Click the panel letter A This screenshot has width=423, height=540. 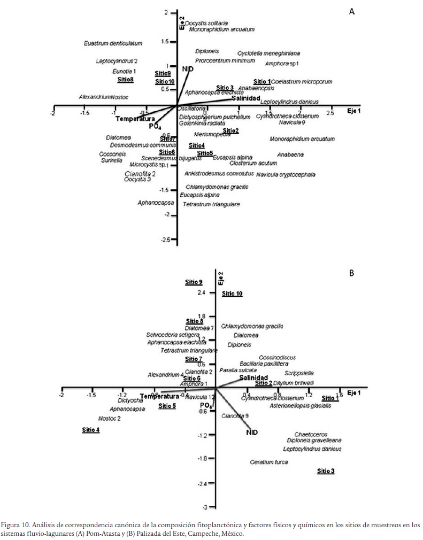352,11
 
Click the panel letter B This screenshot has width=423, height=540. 352,273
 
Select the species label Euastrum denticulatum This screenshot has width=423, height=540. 113,43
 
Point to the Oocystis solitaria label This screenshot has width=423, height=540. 206,23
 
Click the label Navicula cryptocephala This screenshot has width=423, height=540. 286,175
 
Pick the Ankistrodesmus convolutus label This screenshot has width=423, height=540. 219,174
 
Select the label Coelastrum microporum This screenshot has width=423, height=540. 302,82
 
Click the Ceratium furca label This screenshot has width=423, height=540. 269,462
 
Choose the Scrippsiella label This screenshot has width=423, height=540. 299,373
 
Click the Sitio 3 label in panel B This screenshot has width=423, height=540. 326,471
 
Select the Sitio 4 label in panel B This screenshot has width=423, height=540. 91,430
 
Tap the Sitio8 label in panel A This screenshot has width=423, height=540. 125,80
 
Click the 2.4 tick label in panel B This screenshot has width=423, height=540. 201,293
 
